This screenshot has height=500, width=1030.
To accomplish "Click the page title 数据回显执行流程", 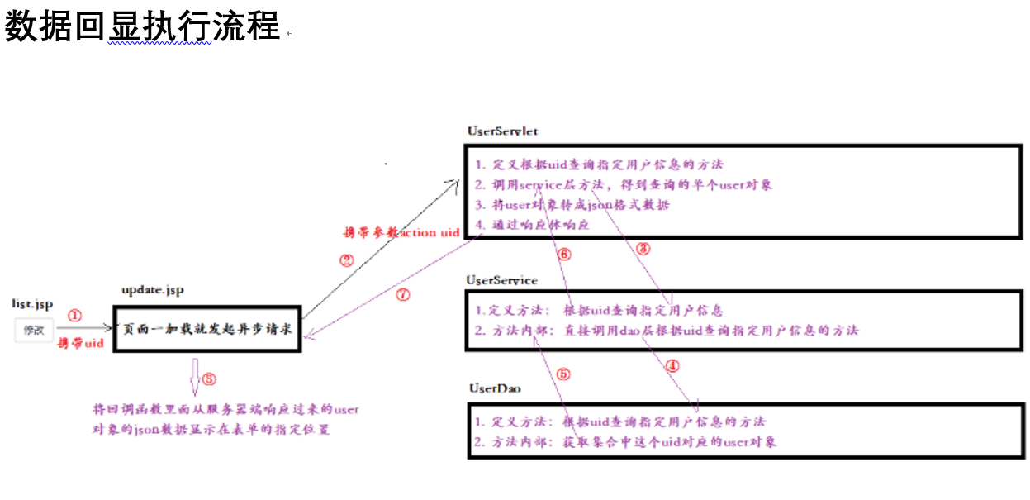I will click(142, 26).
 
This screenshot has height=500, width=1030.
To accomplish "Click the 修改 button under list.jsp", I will click(34, 331).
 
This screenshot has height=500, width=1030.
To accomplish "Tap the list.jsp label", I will click(32, 304).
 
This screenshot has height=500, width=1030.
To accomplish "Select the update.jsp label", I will click(153, 290).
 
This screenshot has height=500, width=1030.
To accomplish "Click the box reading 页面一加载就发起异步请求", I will click(206, 329).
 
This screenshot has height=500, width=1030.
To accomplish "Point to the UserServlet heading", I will click(503, 131).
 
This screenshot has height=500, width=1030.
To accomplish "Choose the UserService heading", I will click(501, 280).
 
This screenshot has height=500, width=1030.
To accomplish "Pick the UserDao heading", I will click(495, 388).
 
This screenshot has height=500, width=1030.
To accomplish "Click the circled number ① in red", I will click(75, 315).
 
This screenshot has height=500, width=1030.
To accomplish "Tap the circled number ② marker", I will click(347, 260).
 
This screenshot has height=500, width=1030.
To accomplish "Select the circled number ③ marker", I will click(644, 248).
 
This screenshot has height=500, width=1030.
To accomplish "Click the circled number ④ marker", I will click(672, 364).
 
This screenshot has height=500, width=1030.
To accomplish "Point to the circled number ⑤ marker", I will click(563, 374).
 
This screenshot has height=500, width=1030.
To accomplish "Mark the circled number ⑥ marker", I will click(564, 255).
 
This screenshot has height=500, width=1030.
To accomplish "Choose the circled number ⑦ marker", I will click(402, 295).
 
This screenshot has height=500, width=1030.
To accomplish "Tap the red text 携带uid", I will click(80, 343).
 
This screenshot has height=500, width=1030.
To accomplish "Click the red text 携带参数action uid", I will click(401, 233).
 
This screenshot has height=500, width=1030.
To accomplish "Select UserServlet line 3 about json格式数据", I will click(572, 205).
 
